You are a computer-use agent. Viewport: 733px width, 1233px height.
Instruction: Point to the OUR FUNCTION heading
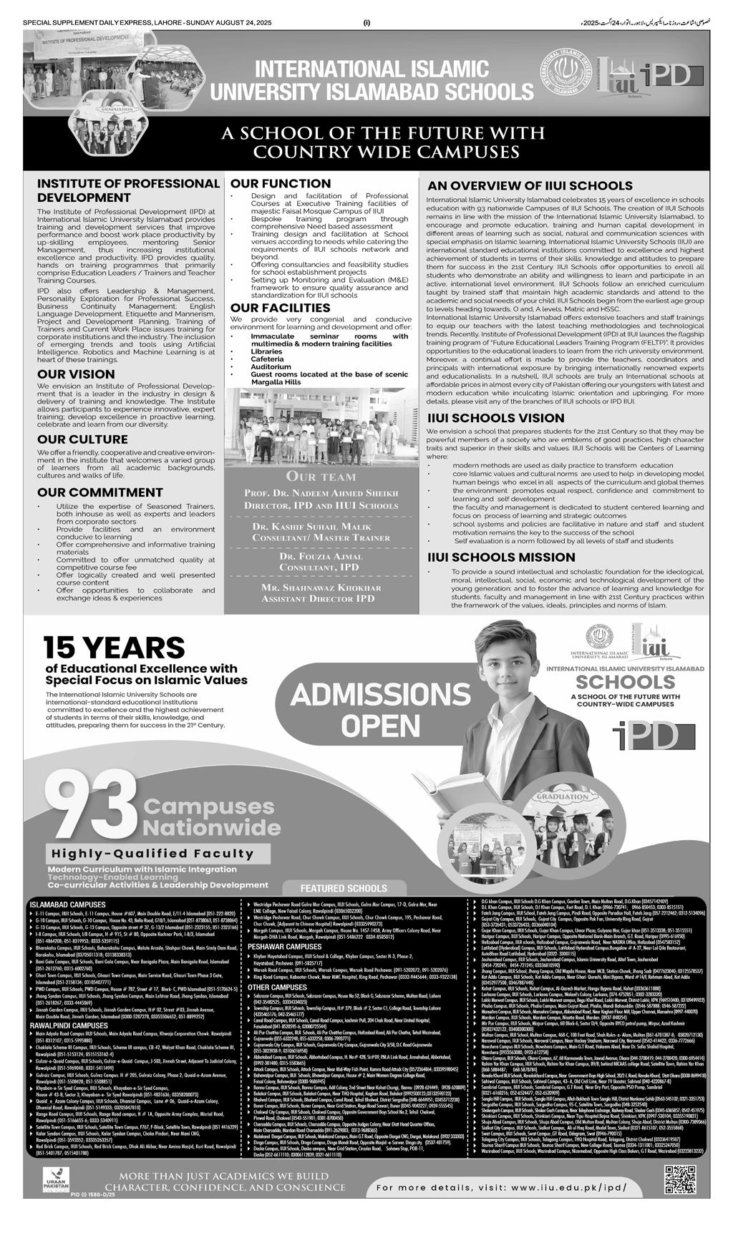click(281, 183)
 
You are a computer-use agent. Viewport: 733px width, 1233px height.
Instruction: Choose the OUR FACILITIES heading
click(280, 308)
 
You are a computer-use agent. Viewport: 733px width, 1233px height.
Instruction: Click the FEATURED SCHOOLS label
click(343, 887)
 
